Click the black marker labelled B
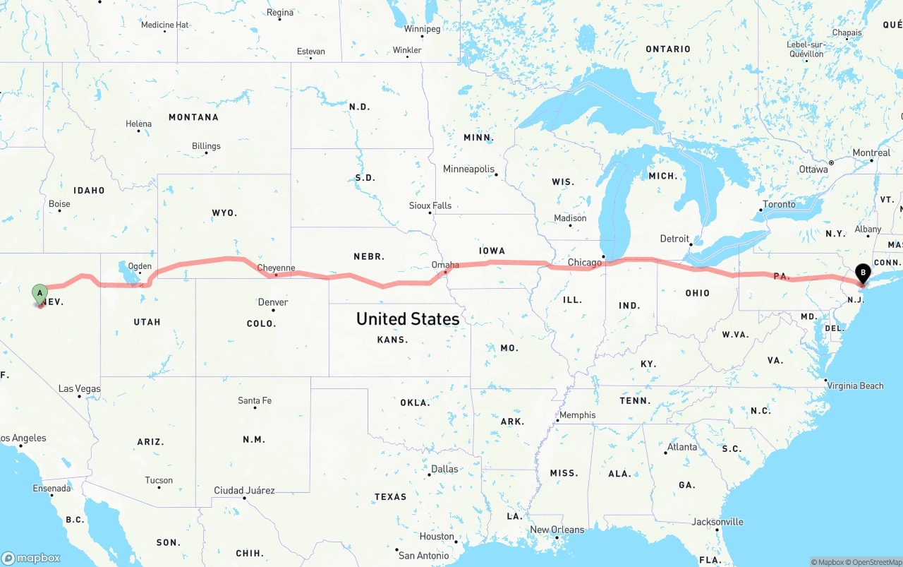tap(862, 273)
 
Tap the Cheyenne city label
tap(276, 268)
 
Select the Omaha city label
tap(445, 265)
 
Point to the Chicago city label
tap(585, 263)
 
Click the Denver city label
tap(272, 302)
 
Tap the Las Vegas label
tap(79, 388)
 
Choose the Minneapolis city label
tap(468, 169)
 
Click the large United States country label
tap(408, 318)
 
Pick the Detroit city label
tap(674, 239)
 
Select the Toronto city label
tap(779, 204)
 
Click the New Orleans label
tap(557, 530)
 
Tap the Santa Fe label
tap(255, 400)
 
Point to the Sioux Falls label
tap(430, 205)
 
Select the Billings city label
tap(206, 146)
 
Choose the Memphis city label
tap(577, 415)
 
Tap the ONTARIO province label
tap(668, 49)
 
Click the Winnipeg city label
tap(422, 29)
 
